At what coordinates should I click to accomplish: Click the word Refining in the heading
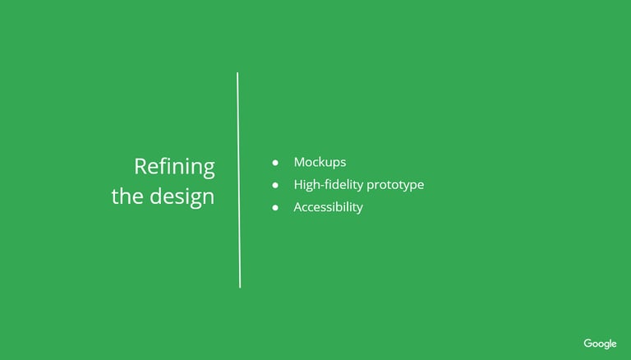(x=175, y=168)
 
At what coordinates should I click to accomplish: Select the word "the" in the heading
(x=127, y=196)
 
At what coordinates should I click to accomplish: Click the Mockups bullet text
(x=320, y=162)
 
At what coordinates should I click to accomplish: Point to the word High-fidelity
(x=329, y=185)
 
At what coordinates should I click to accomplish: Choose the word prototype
(x=395, y=186)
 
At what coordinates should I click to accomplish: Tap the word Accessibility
(x=329, y=208)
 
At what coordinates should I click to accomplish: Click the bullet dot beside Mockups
(x=275, y=163)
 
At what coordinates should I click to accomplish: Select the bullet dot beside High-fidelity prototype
(x=275, y=185)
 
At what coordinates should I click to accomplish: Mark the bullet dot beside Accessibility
(x=275, y=208)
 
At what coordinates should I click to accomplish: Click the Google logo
(x=600, y=344)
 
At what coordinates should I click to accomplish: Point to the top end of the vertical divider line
(x=237, y=73)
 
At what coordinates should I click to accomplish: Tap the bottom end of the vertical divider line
(x=240, y=288)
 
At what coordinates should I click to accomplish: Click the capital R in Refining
(x=140, y=167)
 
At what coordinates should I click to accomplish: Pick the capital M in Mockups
(x=299, y=162)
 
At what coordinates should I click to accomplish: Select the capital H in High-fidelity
(x=298, y=185)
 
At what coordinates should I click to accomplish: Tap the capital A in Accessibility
(x=298, y=207)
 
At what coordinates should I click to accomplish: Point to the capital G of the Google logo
(x=588, y=344)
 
